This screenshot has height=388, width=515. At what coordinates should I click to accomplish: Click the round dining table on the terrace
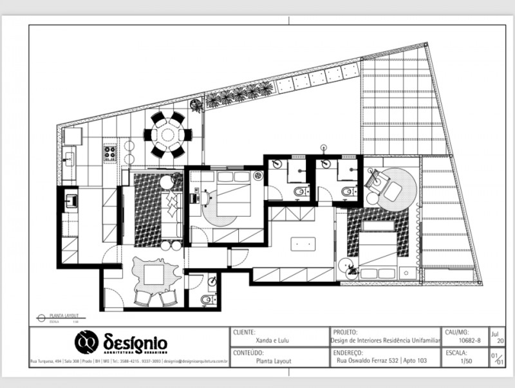point(167,135)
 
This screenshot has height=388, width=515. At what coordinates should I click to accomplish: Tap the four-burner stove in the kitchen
point(109,154)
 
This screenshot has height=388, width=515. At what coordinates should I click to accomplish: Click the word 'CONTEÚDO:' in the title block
point(248,353)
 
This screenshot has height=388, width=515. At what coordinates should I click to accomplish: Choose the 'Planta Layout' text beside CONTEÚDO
point(274,361)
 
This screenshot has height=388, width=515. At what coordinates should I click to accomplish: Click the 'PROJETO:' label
point(346,331)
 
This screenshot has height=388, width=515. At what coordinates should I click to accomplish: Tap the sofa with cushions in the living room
point(173,206)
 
